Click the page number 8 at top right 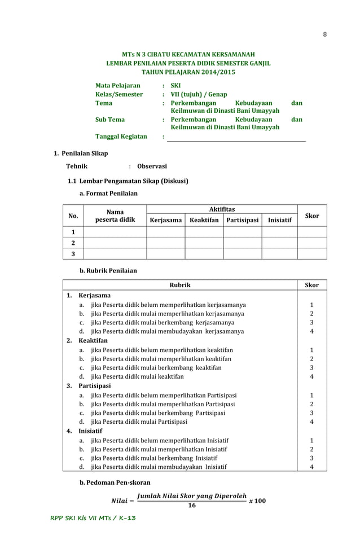pos(324,34)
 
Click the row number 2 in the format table pos(73,243)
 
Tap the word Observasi pos(152,166)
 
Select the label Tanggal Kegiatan pos(121,137)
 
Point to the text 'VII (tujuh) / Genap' pos(199,95)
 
